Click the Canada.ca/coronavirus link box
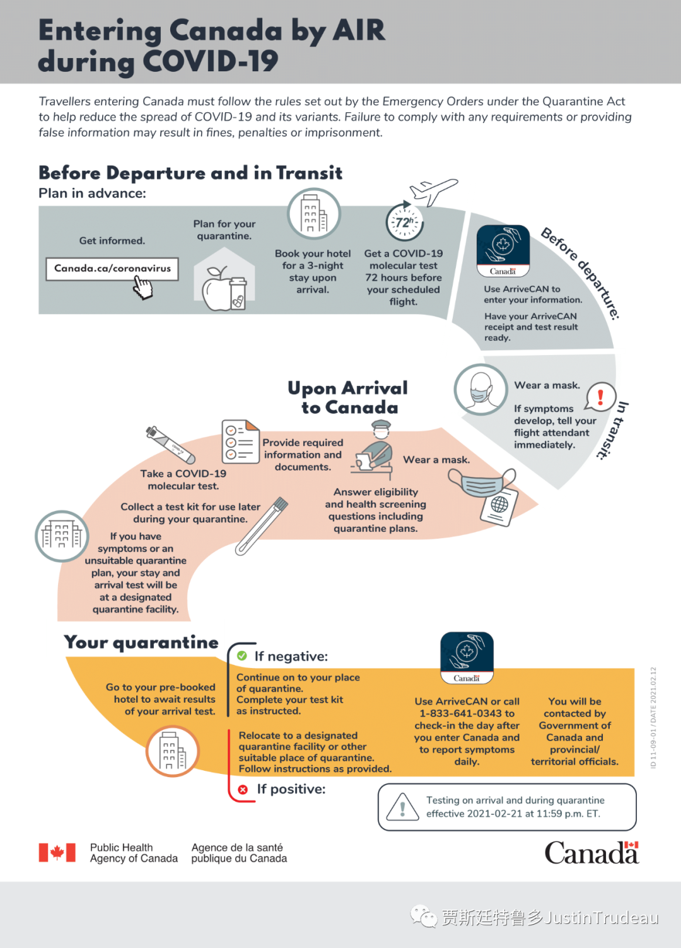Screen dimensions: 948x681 [112, 269]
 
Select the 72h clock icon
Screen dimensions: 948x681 [404, 222]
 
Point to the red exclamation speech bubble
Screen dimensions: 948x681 [600, 397]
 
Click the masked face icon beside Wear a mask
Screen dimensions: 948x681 [481, 389]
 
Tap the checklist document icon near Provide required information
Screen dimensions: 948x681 [240, 442]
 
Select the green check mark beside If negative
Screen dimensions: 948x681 [242, 656]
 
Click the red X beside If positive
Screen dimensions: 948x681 [243, 789]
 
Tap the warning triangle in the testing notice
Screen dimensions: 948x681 [402, 807]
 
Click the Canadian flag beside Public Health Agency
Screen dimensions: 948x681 [57, 853]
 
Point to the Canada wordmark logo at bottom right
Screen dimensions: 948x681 [591, 853]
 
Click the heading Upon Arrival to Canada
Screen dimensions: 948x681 [348, 397]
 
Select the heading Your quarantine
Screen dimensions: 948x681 [141, 642]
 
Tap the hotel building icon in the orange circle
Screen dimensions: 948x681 [172, 751]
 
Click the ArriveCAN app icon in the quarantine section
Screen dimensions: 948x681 [467, 658]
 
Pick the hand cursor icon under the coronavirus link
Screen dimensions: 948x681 [143, 289]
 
